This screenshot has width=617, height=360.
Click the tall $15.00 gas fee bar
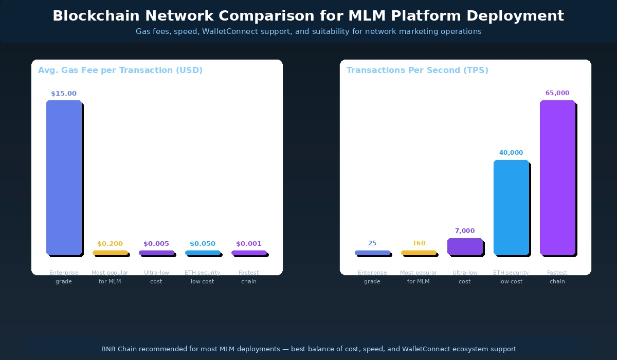64,177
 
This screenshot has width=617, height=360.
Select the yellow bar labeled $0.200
110,253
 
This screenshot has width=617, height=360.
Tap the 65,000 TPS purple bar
557,177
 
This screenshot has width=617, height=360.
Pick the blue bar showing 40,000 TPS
511,207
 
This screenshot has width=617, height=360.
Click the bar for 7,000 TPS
465,246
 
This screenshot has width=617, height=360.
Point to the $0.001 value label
249,244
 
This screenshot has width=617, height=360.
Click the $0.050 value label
203,244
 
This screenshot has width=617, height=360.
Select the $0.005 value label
156,244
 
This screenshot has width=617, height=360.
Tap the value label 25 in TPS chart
372,243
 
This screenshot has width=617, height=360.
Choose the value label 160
419,243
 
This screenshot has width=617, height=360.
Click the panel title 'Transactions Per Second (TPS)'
417,70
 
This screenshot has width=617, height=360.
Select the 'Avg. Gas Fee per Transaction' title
120,70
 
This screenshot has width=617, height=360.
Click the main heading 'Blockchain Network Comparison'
308,16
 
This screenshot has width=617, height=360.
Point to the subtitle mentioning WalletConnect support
308,31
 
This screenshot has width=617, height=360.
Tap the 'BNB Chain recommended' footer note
308,349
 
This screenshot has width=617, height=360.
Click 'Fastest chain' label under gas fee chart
249,277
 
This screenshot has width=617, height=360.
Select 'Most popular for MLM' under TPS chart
419,277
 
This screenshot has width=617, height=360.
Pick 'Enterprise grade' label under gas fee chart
64,277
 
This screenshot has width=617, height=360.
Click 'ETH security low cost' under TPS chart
511,277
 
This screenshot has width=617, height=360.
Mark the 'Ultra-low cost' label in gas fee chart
156,277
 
